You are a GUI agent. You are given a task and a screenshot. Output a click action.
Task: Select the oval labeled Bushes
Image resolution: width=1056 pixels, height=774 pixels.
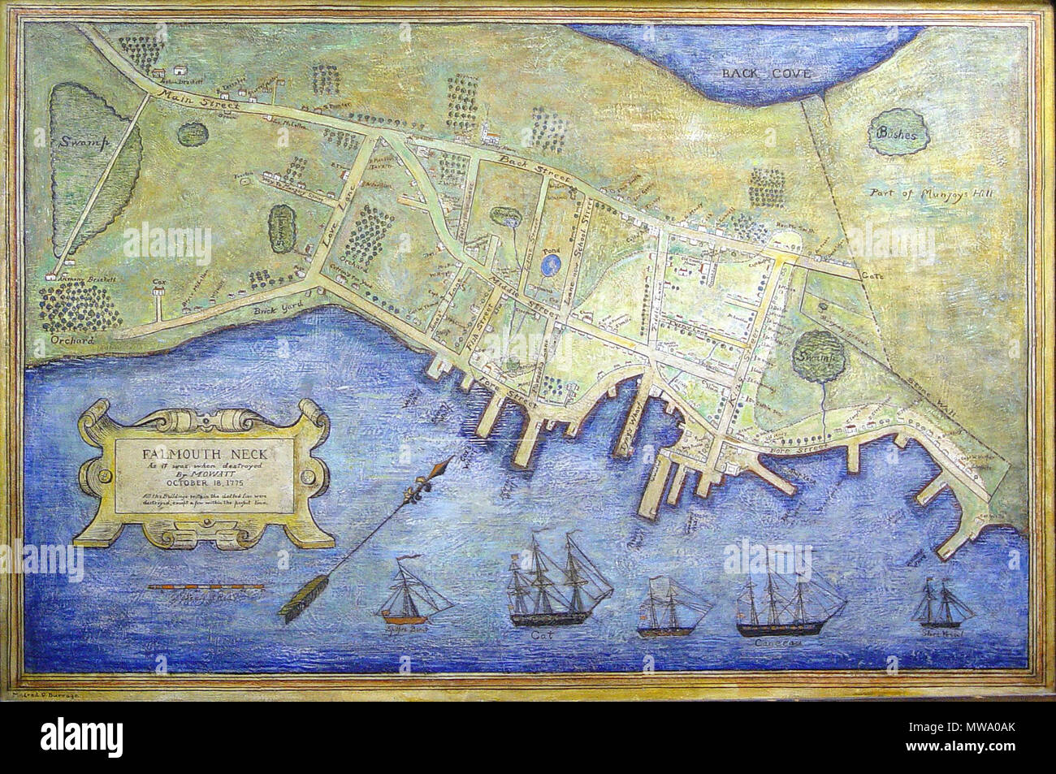point(897,136)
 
